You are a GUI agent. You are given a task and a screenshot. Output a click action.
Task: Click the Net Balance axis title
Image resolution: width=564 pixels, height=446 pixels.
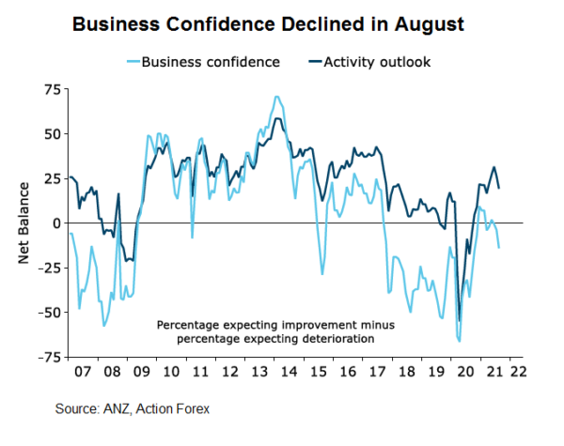(25, 223)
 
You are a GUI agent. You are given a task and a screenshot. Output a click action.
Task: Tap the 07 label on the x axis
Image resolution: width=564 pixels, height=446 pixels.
(83, 372)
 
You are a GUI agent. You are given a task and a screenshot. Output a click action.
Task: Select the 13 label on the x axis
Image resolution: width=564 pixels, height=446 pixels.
(257, 372)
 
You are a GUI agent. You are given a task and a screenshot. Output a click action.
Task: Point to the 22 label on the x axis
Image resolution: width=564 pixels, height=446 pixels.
(517, 372)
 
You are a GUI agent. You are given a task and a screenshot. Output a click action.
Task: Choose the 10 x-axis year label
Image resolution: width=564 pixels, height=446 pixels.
(170, 372)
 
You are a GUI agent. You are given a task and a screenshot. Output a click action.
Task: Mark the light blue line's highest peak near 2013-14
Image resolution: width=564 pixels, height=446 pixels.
(275, 97)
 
